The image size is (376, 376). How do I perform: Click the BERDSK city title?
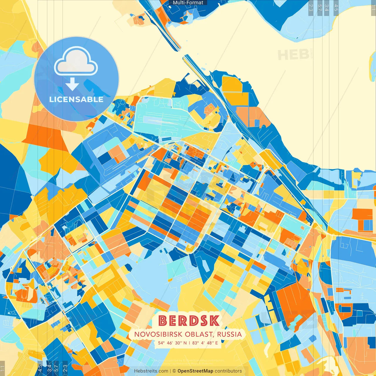click(189, 321)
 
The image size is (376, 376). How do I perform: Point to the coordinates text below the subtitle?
click(188, 343)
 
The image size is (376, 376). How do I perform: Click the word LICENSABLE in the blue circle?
click(76, 99)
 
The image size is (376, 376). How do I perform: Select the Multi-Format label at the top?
click(188, 3)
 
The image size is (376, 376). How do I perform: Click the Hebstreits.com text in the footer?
click(151, 371)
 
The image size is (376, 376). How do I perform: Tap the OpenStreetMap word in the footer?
click(195, 371)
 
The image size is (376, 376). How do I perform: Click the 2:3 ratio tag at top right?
click(311, 7)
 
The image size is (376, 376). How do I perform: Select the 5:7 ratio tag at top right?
click(320, 7)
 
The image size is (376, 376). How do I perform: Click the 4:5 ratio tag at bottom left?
click(40, 368)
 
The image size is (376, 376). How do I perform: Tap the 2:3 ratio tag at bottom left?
click(65, 368)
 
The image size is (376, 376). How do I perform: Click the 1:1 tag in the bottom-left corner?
click(2, 368)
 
